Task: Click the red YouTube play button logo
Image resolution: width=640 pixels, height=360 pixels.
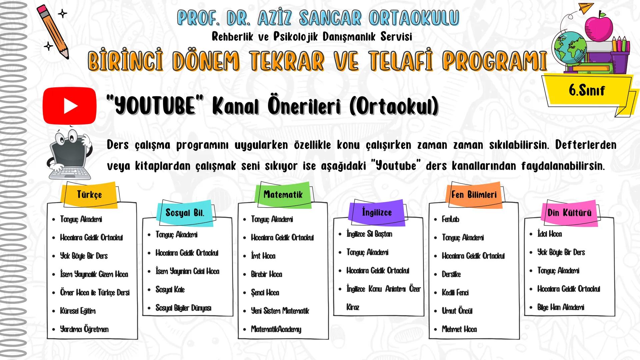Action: pyautogui.click(x=70, y=106)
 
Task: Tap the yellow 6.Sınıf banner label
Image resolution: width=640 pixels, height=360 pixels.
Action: pyautogui.click(x=586, y=90)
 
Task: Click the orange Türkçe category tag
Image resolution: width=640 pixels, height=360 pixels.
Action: pyautogui.click(x=89, y=195)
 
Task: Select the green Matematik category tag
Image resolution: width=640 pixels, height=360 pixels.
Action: pyautogui.click(x=283, y=194)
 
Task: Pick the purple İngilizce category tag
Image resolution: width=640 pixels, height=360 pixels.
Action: pyautogui.click(x=377, y=212)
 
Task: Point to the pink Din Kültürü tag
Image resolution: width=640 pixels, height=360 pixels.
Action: pyautogui.click(x=569, y=213)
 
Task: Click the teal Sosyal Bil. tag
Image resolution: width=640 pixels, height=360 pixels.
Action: pyautogui.click(x=185, y=213)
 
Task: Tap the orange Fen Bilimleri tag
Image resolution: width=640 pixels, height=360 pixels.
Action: pyautogui.click(x=474, y=195)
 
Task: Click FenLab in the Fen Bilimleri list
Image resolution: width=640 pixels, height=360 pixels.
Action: pyautogui.click(x=450, y=219)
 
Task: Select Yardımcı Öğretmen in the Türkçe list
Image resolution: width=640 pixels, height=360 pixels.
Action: pyautogui.click(x=84, y=329)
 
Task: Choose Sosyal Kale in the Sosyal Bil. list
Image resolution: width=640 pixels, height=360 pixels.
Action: pyautogui.click(x=170, y=289)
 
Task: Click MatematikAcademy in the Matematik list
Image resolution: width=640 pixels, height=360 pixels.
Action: pyautogui.click(x=276, y=329)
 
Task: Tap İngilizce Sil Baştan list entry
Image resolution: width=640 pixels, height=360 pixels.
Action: pyautogui.click(x=369, y=234)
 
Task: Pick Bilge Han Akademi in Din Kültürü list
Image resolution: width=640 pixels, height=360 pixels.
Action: pyautogui.click(x=561, y=307)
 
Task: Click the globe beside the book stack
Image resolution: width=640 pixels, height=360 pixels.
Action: pyautogui.click(x=569, y=48)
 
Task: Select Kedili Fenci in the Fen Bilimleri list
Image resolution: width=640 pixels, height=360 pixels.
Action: pyautogui.click(x=455, y=293)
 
